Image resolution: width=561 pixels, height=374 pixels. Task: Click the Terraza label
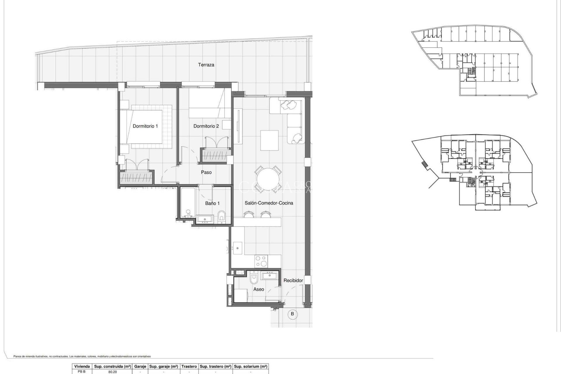pos(206,65)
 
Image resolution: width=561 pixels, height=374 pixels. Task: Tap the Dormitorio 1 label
pos(145,126)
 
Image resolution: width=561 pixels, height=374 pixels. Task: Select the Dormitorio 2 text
pos(206,126)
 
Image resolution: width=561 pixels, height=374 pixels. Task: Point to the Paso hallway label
pos(206,172)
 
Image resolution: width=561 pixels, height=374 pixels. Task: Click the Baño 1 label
pos(212,203)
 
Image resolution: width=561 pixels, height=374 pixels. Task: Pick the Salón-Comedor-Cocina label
pos(269,203)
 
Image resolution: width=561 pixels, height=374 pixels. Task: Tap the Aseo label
pos(259,289)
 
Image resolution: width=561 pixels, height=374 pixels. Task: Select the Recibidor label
pos(293,280)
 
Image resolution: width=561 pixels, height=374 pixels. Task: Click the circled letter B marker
pos(292,314)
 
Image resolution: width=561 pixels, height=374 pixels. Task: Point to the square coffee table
pos(269,140)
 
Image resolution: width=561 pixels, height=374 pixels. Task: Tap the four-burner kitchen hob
pos(261,261)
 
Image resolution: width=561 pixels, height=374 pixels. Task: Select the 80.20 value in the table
pos(112,372)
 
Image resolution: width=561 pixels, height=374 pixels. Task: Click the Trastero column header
pos(189,366)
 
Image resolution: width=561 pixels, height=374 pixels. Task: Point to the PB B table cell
pos(82,372)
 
